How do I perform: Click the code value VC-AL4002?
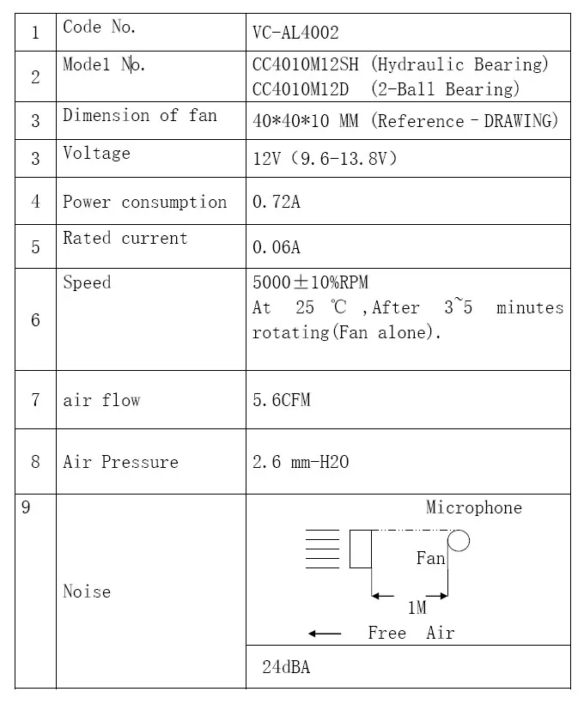(295, 33)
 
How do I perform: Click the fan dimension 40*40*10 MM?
(305, 121)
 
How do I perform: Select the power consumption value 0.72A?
(276, 203)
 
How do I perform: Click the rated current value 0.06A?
(276, 247)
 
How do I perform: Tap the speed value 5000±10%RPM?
(310, 282)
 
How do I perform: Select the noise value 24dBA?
(286, 667)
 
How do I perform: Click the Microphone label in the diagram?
(473, 507)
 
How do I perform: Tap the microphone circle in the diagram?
(459, 540)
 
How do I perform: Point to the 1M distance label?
(417, 608)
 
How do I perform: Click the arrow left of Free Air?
(325, 634)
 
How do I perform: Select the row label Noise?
(87, 592)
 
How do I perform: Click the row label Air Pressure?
(120, 462)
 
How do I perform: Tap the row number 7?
(35, 400)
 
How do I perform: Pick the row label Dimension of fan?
(139, 115)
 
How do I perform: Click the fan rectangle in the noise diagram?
(360, 549)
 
